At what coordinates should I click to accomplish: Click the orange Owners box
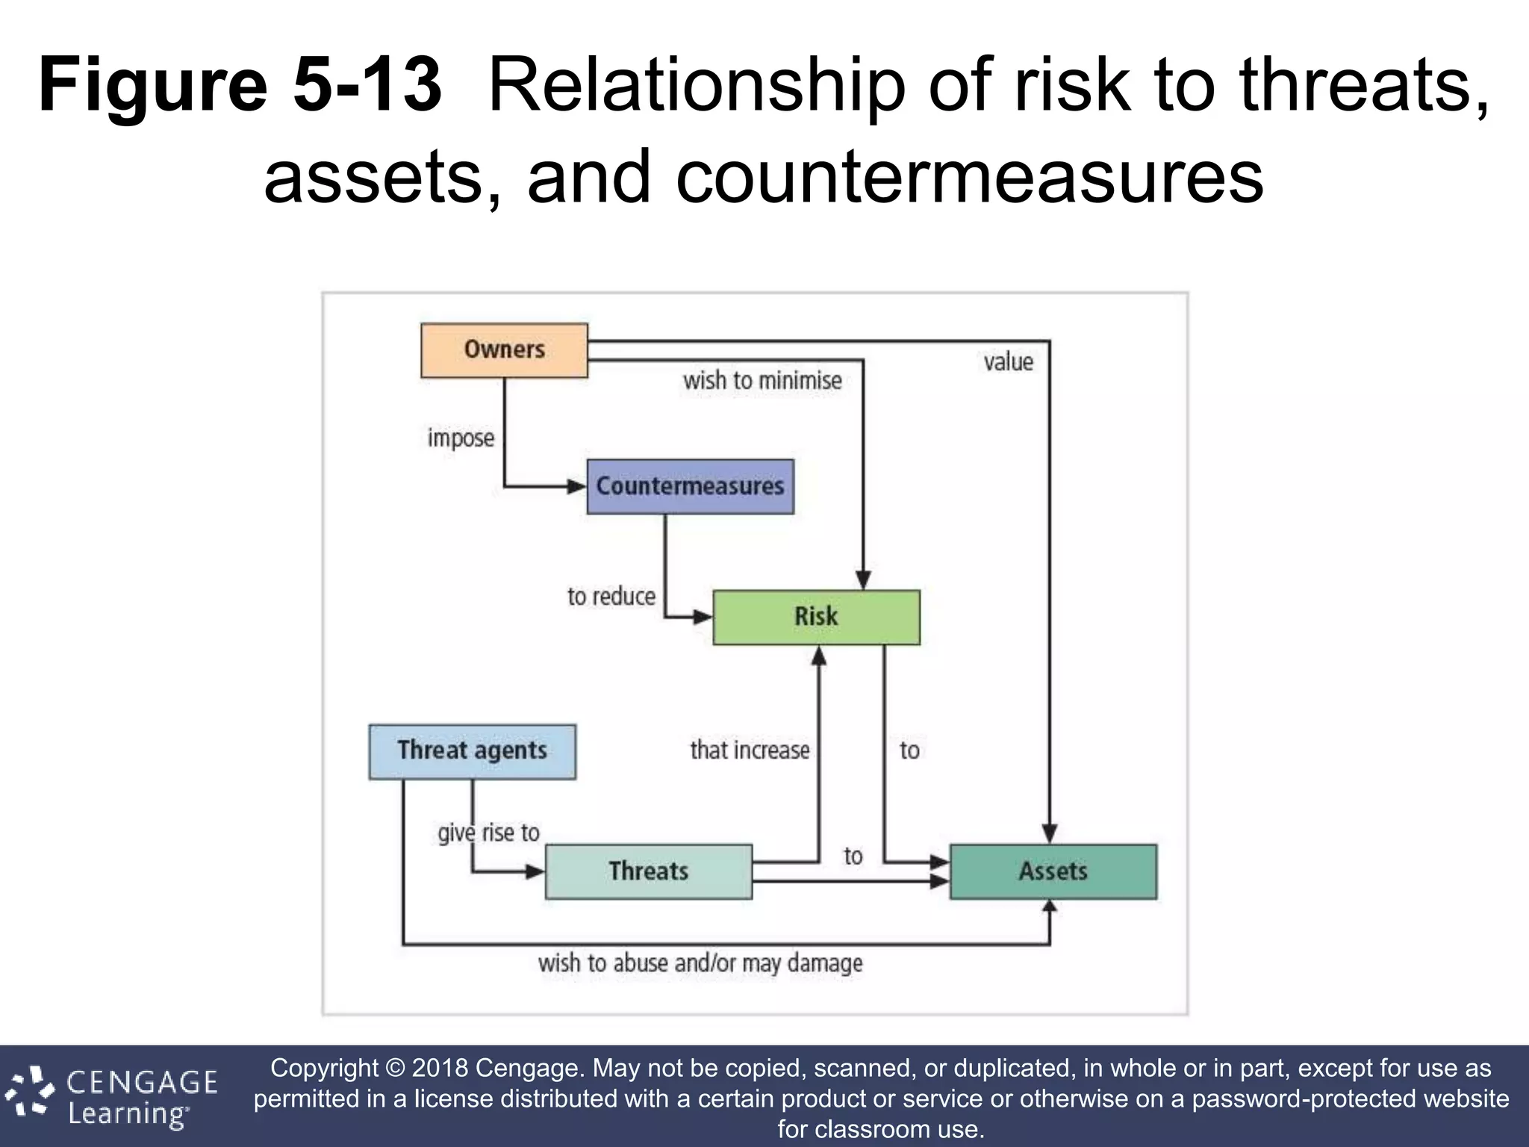(504, 350)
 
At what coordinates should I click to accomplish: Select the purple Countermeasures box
(690, 487)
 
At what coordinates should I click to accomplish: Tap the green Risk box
(816, 618)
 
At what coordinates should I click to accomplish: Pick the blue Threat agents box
(472, 751)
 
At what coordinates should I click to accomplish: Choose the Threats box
(648, 871)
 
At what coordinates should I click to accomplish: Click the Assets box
(1053, 871)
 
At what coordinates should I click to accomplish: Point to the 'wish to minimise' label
(762, 381)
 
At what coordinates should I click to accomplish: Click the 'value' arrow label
(1008, 362)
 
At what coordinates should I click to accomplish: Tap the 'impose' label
(461, 438)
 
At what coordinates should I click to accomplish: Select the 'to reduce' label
(611, 597)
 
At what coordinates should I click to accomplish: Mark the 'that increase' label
(750, 750)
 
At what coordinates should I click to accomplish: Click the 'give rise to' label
(489, 833)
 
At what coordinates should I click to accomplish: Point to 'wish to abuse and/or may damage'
(700, 963)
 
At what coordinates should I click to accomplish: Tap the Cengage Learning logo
(112, 1096)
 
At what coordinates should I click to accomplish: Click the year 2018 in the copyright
(440, 1069)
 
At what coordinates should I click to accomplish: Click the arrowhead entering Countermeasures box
(576, 487)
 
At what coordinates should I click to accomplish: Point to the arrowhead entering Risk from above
(863, 580)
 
